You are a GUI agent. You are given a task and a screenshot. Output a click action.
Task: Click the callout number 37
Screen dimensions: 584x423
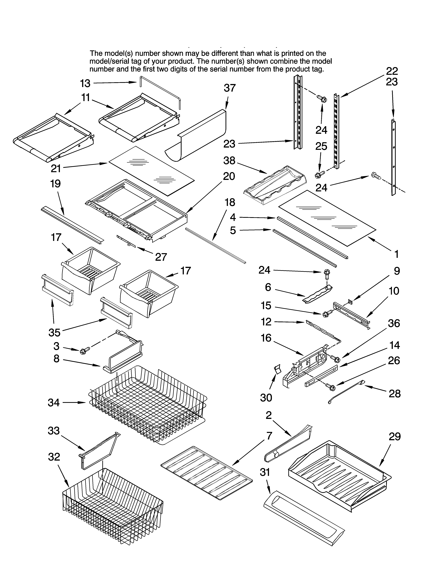[230, 88]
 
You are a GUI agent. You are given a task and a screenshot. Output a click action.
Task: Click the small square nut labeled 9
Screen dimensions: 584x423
[350, 301]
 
